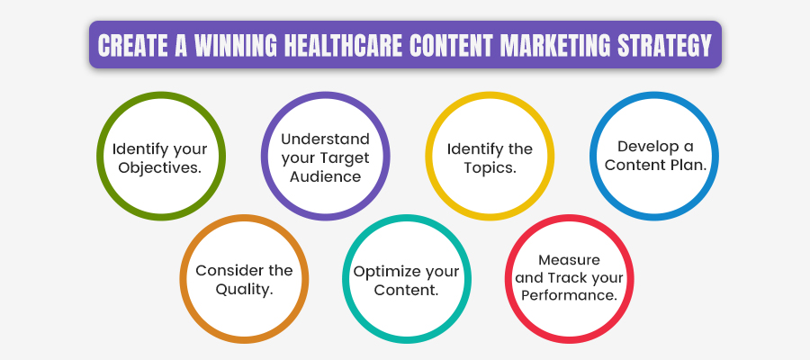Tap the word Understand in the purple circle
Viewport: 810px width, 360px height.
[x=326, y=139]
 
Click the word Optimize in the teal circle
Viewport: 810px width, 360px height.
[x=382, y=271]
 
